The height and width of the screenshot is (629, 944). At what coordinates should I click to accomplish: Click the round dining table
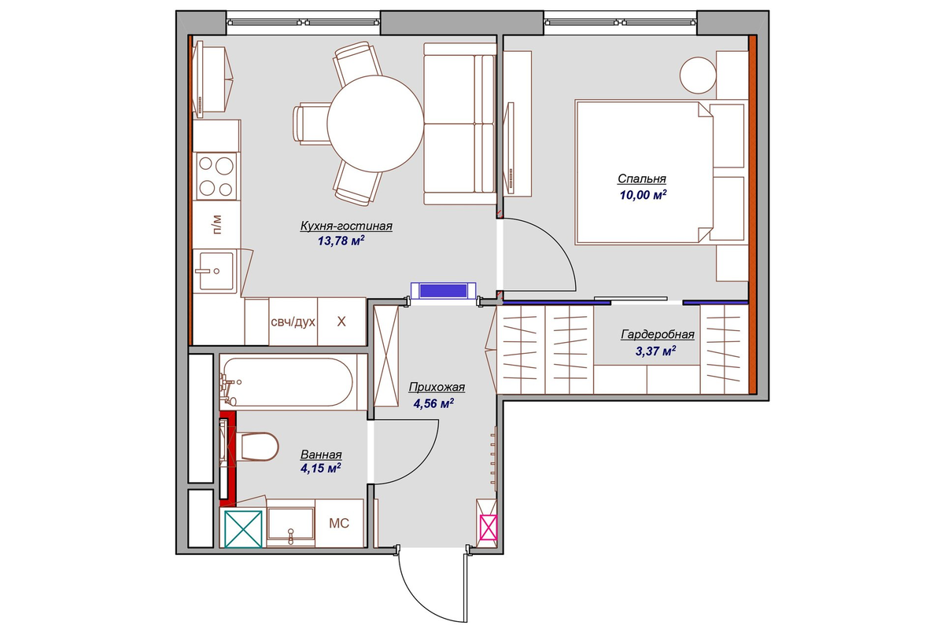[x=375, y=124]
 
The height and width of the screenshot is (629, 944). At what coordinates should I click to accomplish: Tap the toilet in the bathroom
[x=258, y=446]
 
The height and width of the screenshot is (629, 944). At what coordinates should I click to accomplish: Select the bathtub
[x=287, y=381]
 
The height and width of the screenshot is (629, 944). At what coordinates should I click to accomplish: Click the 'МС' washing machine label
[x=339, y=524]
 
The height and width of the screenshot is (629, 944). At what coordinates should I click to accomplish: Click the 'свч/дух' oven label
[x=293, y=322]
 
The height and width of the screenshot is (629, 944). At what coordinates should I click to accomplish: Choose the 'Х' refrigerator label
[x=341, y=322]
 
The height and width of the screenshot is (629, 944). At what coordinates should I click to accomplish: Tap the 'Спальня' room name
[x=642, y=178]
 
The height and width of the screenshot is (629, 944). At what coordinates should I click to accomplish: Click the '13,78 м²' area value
[x=341, y=241]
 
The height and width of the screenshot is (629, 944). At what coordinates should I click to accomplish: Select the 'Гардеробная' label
[x=658, y=334]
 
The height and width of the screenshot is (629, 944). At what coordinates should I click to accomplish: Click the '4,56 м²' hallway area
[x=433, y=403]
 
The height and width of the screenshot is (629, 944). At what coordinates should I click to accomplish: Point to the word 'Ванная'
[x=321, y=454]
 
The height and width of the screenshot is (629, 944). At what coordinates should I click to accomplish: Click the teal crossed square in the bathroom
[x=243, y=529]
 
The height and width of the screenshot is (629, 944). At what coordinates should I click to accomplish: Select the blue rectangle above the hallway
[x=444, y=291]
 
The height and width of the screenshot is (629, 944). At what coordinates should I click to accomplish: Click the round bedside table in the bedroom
[x=698, y=75]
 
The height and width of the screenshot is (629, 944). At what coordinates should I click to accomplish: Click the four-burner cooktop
[x=216, y=176]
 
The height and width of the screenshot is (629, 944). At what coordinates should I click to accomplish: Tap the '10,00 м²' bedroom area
[x=643, y=195]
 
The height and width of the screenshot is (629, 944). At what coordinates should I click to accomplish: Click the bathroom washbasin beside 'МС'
[x=291, y=524]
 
